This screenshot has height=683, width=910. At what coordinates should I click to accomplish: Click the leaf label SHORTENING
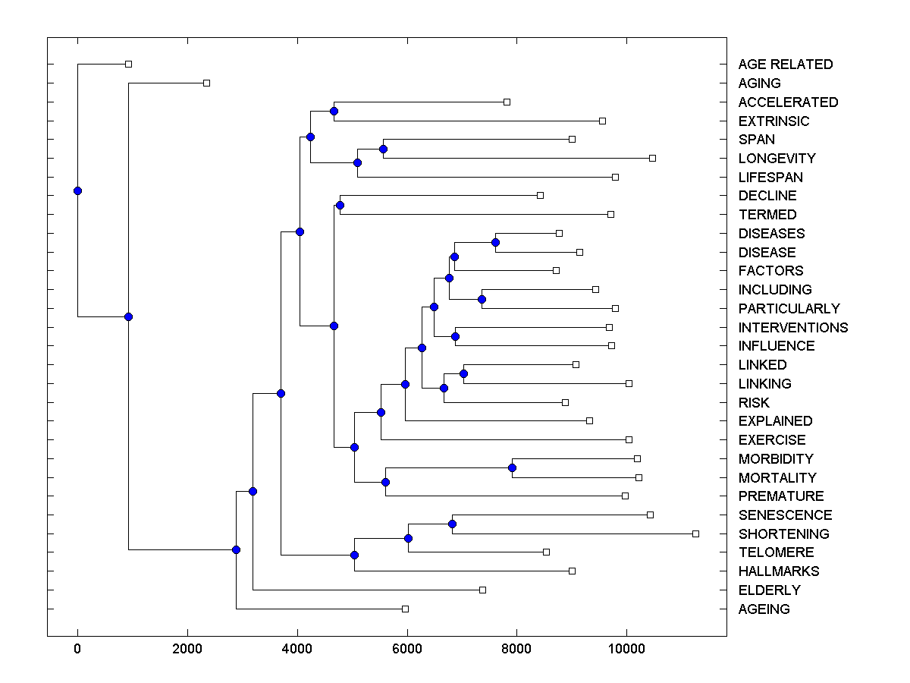pyautogui.click(x=783, y=534)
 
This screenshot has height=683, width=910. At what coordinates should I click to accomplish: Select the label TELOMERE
pyautogui.click(x=776, y=552)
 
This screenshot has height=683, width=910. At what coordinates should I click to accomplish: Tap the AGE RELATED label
pyautogui.click(x=785, y=65)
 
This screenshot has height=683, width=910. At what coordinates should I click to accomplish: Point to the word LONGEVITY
pyautogui.click(x=777, y=159)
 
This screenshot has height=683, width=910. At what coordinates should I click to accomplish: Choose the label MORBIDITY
pyautogui.click(x=776, y=459)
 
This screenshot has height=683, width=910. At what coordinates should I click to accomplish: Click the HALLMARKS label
pyautogui.click(x=779, y=571)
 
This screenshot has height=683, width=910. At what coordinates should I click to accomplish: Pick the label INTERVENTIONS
pyautogui.click(x=793, y=328)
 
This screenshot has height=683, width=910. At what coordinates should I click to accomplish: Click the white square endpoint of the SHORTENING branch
pyautogui.click(x=695, y=533)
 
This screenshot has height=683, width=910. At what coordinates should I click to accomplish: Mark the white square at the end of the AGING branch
pyautogui.click(x=206, y=83)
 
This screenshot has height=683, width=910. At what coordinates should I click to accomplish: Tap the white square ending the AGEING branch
pyautogui.click(x=405, y=609)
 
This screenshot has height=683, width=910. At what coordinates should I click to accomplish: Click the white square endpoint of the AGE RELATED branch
pyautogui.click(x=128, y=64)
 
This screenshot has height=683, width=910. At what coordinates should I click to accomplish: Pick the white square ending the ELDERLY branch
pyautogui.click(x=482, y=590)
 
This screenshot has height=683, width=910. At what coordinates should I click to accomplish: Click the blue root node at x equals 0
pyautogui.click(x=77, y=190)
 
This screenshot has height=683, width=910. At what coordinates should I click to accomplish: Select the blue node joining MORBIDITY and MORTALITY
pyautogui.click(x=512, y=467)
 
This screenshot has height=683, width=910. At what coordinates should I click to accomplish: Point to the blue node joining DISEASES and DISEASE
pyautogui.click(x=495, y=242)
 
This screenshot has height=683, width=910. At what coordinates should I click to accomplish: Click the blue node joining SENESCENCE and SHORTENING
pyautogui.click(x=452, y=524)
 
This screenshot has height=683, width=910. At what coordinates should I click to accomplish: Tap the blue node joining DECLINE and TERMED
pyautogui.click(x=340, y=205)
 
